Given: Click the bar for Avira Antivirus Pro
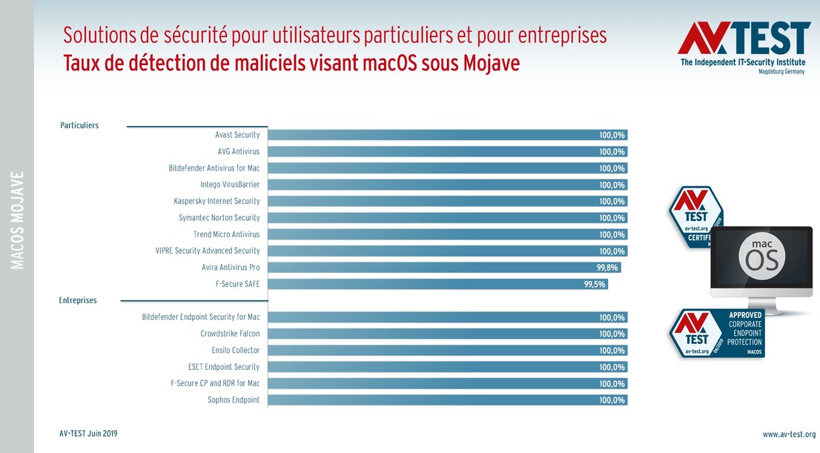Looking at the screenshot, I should [443, 268].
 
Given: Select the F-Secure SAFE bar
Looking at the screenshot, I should [437, 284].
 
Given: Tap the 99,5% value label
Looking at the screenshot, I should [595, 284].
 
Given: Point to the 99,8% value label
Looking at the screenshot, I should [607, 268].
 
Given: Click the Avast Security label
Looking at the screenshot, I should [237, 135].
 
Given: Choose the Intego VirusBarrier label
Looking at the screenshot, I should [230, 185].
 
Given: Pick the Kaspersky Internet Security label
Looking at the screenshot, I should [216, 201].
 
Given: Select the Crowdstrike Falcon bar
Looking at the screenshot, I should [447, 334].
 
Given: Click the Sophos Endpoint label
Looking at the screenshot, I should [234, 400].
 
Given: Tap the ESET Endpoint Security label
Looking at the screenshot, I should [224, 367].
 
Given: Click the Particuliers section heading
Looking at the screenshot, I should [79, 125].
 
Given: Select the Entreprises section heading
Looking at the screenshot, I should [78, 300].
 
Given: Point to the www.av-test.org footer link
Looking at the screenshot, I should [789, 434].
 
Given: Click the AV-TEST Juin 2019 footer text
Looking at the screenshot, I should [88, 434].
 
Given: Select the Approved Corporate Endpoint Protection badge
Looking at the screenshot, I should [717, 333].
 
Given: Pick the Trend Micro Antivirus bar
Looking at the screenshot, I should [447, 234].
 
